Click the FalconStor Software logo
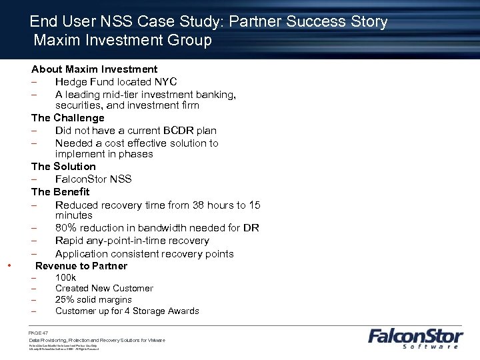[414, 337]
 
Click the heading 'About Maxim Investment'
[95, 69]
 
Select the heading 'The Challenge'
[68, 118]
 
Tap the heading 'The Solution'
[63, 167]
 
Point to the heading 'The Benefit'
[60, 192]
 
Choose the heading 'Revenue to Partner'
[81, 266]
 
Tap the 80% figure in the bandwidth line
[67, 228]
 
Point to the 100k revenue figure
[66, 277]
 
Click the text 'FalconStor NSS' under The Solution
[93, 179]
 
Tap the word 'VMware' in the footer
[156, 341]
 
